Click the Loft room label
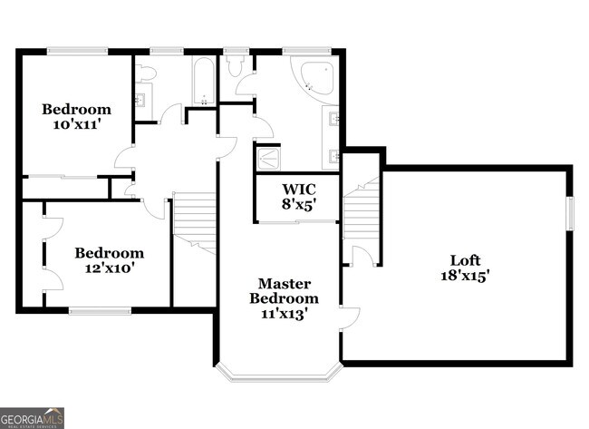coord(465,260)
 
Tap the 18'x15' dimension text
coord(465,276)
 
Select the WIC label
coord(299,189)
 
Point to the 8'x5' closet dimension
coord(299,204)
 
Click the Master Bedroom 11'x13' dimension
coord(284,314)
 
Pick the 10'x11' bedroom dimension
coord(77,124)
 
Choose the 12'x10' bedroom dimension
coord(110,268)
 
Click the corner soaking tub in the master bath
coord(313,78)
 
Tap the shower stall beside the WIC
coord(267,160)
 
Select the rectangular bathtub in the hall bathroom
coord(204,81)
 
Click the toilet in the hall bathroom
coord(146,73)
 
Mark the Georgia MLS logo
coord(32,418)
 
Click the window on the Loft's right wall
coord(570,213)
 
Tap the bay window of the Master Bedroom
coord(279,373)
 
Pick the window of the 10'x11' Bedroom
coord(77,51)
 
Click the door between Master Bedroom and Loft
coord(350,319)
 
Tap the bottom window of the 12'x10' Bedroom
coord(100,310)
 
